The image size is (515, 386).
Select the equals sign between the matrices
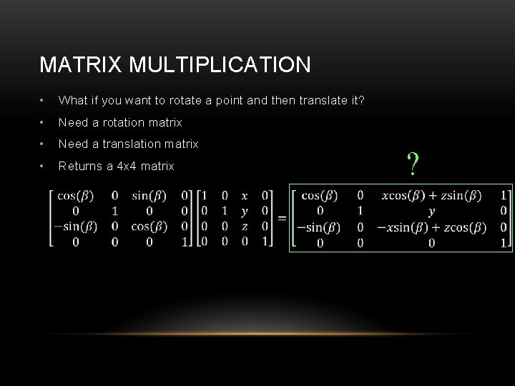pyautogui.click(x=281, y=217)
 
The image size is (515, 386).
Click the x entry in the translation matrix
pyautogui.click(x=245, y=195)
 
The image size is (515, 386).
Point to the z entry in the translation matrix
pyautogui.click(x=245, y=227)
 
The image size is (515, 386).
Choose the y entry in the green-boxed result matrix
pyautogui.click(x=431, y=211)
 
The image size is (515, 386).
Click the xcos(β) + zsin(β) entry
pyautogui.click(x=431, y=195)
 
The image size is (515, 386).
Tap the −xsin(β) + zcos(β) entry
pyautogui.click(x=431, y=227)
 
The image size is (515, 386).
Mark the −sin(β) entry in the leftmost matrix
pyautogui.click(x=75, y=227)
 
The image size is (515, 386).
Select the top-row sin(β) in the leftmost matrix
pyautogui.click(x=149, y=195)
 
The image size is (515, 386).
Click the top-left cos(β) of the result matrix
pyautogui.click(x=320, y=195)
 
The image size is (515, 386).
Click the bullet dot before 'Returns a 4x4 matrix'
pyautogui.click(x=44, y=166)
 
